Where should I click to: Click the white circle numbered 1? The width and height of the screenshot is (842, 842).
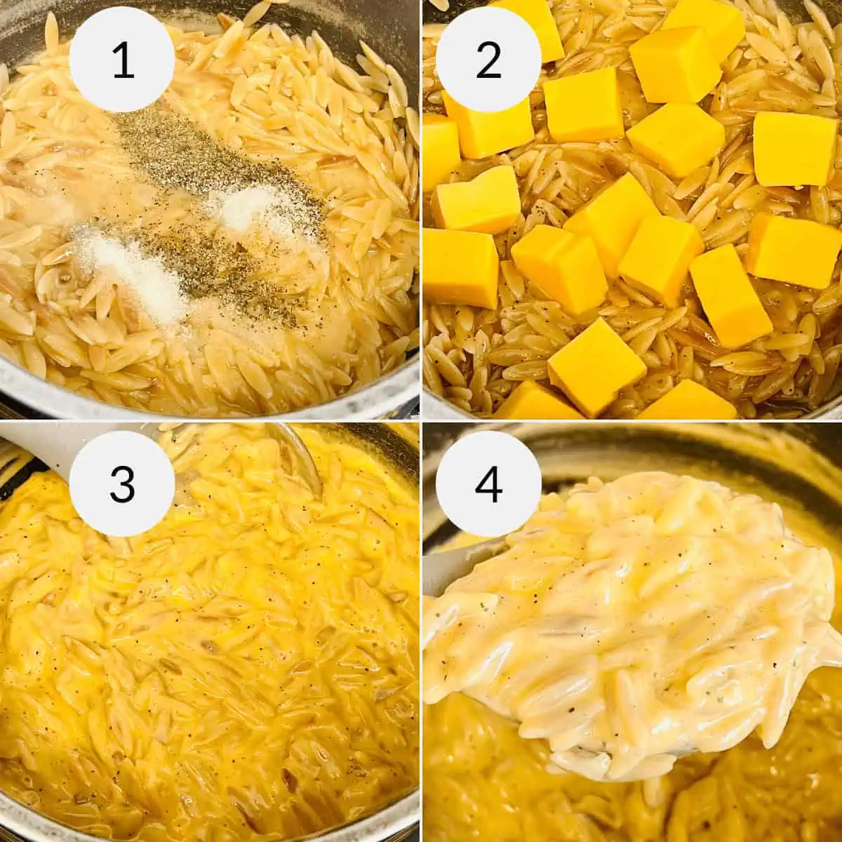tap(122, 60)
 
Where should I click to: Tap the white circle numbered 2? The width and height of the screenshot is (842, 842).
tap(488, 60)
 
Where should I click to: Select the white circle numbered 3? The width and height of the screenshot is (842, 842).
tap(122, 483)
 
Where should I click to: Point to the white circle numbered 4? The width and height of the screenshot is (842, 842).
tap(488, 483)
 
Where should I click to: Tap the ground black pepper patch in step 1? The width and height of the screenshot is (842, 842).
tap(210, 168)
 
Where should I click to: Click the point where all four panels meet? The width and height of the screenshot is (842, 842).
tap(420, 421)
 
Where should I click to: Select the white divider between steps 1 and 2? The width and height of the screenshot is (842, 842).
tap(420, 210)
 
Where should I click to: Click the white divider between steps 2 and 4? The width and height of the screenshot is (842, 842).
tap(631, 421)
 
